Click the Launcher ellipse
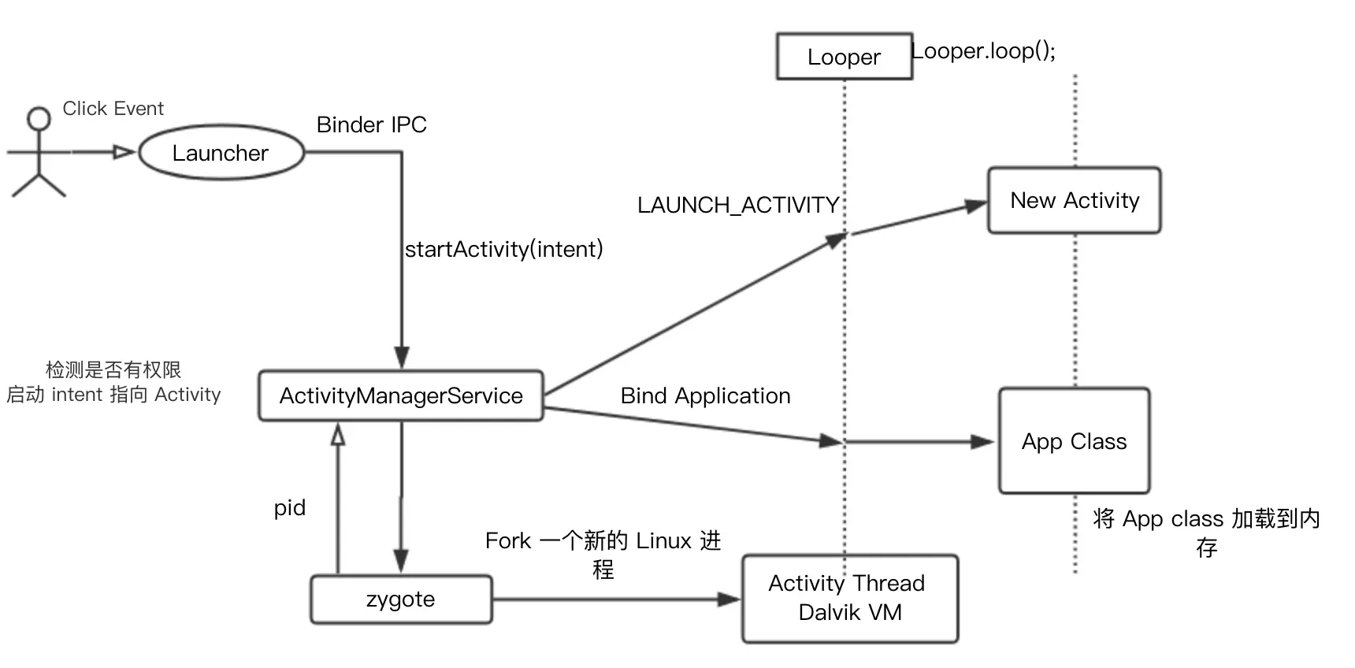click(221, 153)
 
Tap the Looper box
click(844, 57)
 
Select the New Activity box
click(1074, 201)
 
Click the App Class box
click(1074, 441)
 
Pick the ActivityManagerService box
click(401, 395)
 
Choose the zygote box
click(401, 599)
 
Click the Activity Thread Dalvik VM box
click(849, 598)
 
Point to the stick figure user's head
click(38, 119)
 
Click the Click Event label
click(113, 109)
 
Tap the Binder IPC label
click(371, 125)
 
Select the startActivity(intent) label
click(503, 250)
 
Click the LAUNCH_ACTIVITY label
click(737, 206)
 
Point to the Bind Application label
click(705, 396)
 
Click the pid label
click(289, 508)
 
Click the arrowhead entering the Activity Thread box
click(729, 599)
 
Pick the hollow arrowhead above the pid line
click(338, 434)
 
